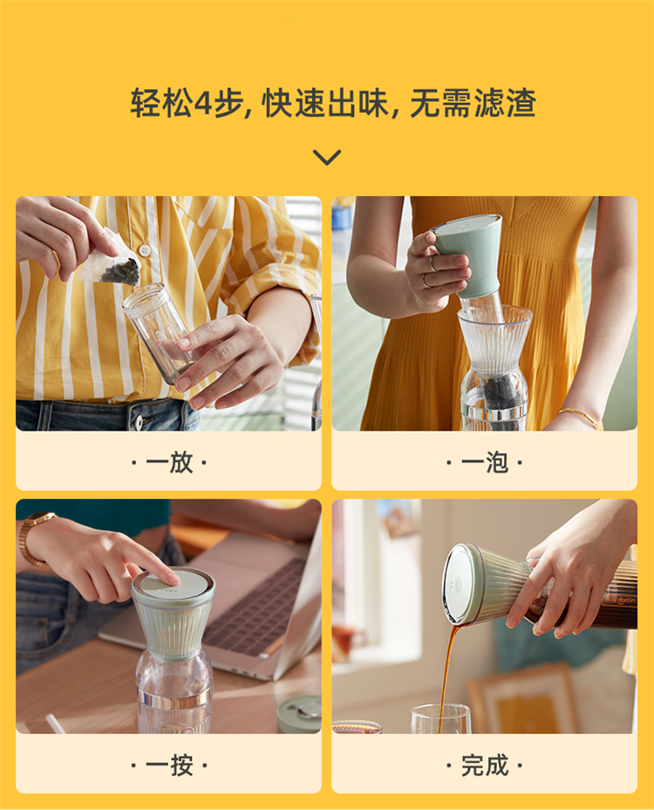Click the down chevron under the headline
[x=327, y=157]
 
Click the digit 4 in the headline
[x=202, y=103]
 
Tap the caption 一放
[x=169, y=462]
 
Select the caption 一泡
[x=485, y=462]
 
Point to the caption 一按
[x=169, y=765]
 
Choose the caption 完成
[x=485, y=765]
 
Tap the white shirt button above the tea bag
[x=145, y=250]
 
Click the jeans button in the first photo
[x=139, y=421]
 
